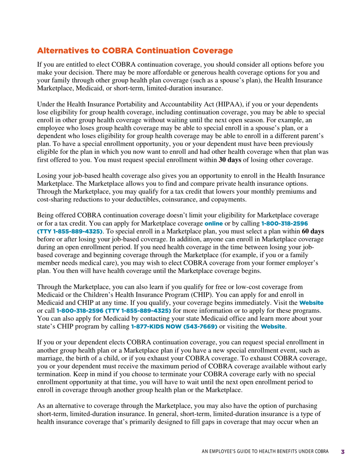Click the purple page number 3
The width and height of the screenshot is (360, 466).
[343, 452]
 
